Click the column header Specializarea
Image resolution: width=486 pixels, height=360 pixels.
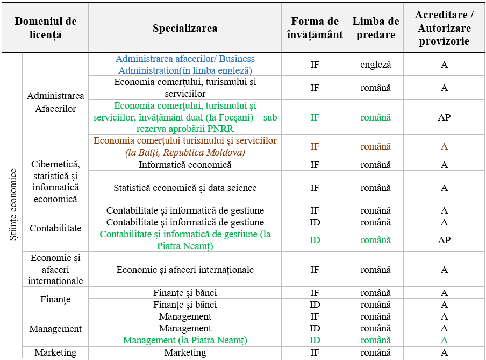tap(185, 29)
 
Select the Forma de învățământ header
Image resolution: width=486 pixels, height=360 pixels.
tap(315, 28)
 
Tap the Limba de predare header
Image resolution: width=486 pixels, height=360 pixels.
tap(376, 28)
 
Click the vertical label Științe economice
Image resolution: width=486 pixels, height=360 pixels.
tap(12, 204)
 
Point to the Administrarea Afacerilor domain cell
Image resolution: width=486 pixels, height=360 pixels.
tap(55, 102)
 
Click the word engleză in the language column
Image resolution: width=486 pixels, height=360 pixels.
tap(376, 65)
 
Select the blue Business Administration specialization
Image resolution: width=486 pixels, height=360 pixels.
tap(185, 65)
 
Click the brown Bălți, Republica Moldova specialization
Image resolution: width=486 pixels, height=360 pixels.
tap(185, 146)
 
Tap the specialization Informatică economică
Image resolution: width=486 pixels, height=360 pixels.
tap(185, 165)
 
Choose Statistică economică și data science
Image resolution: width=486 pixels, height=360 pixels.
tap(185, 188)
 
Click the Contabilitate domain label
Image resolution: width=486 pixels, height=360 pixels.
tap(55, 228)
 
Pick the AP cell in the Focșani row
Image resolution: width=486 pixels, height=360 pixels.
tap(444, 117)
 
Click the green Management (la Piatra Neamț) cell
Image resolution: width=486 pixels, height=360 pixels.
tap(185, 340)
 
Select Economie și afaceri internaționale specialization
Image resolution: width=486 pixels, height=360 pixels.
tap(185, 270)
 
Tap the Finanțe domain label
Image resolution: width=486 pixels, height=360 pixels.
tap(55, 299)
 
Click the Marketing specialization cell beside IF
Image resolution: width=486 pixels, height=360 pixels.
tap(185, 352)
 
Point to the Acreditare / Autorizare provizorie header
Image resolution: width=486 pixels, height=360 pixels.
tap(444, 28)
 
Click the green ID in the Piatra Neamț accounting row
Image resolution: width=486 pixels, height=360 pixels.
tap(315, 240)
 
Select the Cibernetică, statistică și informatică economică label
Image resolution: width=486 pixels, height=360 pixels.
tap(55, 181)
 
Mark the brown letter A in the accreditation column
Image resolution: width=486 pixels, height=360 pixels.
tap(444, 146)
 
